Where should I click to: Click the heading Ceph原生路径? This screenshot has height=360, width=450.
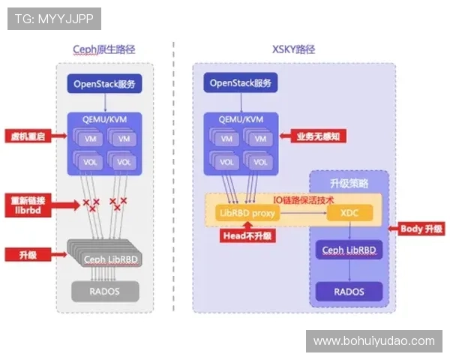click(x=109, y=49)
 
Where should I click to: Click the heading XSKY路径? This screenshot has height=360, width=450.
click(x=293, y=49)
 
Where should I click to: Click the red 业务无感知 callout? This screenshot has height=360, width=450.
click(x=305, y=136)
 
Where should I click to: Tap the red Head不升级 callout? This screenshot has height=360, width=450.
click(x=247, y=235)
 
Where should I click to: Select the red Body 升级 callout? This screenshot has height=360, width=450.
click(x=421, y=229)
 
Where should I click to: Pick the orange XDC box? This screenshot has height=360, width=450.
click(x=349, y=214)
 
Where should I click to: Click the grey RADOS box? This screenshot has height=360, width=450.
click(x=105, y=290)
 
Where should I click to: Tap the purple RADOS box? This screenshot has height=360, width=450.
click(x=349, y=291)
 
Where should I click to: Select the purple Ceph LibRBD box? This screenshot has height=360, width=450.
click(x=349, y=250)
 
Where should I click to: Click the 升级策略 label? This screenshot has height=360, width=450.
click(x=349, y=184)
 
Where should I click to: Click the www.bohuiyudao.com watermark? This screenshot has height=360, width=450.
click(x=373, y=341)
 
